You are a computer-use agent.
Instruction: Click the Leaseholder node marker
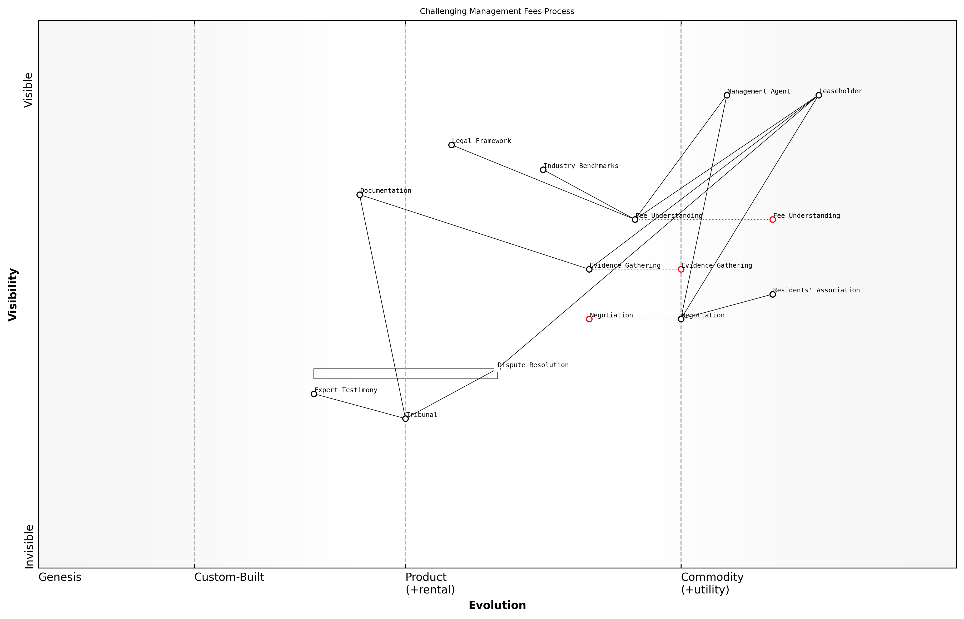coord(819,95)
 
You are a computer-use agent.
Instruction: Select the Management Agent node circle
coord(727,95)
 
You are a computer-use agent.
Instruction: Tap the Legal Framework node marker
coord(451,145)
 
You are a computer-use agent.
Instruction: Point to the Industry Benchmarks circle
coord(543,170)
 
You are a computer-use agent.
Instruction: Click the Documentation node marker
coord(360,195)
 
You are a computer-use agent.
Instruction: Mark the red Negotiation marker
coord(589,319)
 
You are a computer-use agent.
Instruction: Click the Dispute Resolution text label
coord(533,365)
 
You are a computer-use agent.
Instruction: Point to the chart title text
coord(497,11)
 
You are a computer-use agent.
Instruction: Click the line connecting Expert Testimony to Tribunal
coord(360,406)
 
